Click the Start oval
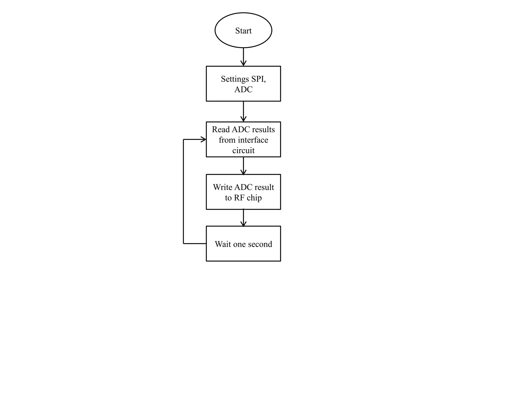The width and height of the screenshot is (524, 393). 243,30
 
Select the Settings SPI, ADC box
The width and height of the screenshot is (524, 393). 243,84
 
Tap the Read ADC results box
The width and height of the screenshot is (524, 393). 243,139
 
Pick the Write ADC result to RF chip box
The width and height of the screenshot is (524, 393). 243,192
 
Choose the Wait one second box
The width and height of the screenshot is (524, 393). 243,244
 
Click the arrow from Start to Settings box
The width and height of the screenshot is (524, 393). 243,57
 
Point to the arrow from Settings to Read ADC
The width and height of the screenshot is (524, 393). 243,112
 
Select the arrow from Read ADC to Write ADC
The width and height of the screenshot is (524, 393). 243,166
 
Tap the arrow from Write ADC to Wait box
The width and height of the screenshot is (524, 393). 243,218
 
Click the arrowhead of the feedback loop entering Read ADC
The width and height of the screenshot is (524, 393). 203,139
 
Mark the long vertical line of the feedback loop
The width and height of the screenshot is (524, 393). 183,191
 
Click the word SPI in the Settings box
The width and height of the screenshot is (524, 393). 258,79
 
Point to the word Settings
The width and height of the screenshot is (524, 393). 235,79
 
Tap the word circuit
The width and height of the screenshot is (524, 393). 243,150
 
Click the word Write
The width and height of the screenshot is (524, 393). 223,187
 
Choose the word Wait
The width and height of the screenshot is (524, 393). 223,244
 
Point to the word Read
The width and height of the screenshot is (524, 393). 221,129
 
